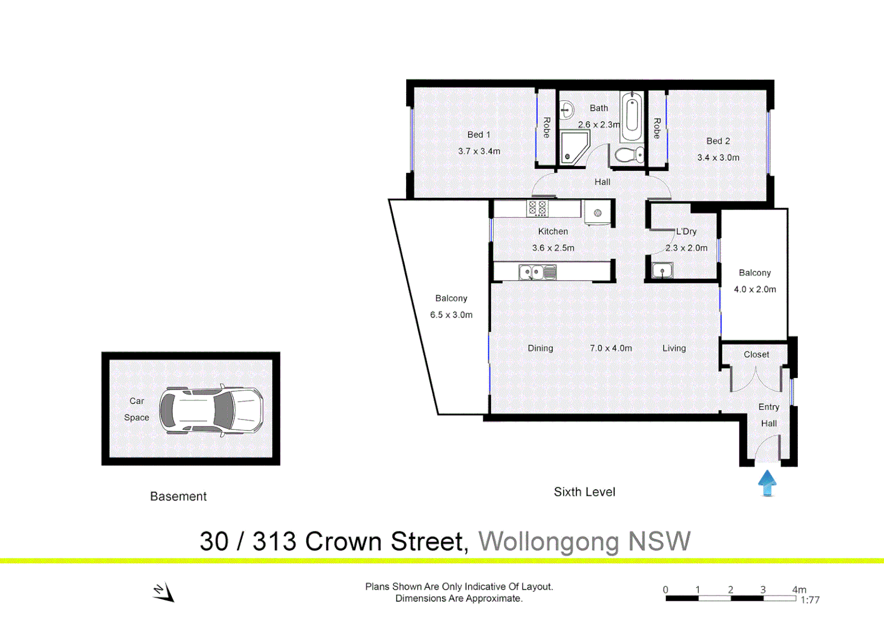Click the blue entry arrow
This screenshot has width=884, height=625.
point(767,483)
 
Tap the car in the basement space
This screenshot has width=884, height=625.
point(211,410)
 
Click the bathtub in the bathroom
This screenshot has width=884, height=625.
point(632,117)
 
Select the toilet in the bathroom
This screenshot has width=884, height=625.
point(629,155)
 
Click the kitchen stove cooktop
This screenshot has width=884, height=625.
point(537,208)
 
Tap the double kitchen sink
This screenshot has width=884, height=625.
point(537,271)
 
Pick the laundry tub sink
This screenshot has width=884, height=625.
point(662,270)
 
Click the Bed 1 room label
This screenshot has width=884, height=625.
point(478,134)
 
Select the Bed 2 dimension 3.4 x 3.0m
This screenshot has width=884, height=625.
point(718,157)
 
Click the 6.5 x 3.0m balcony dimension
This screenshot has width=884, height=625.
point(451,315)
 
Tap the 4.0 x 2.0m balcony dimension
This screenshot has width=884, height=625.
point(755,289)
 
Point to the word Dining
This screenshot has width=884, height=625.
point(540,348)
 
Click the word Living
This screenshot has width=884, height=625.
point(674,348)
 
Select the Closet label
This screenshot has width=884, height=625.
point(756,354)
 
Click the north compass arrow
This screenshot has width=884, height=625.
point(164,592)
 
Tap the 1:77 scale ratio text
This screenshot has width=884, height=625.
point(810,600)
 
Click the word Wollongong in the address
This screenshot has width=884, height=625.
point(548,542)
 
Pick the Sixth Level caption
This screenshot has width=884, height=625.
point(584,492)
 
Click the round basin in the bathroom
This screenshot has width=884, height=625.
point(567,109)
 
